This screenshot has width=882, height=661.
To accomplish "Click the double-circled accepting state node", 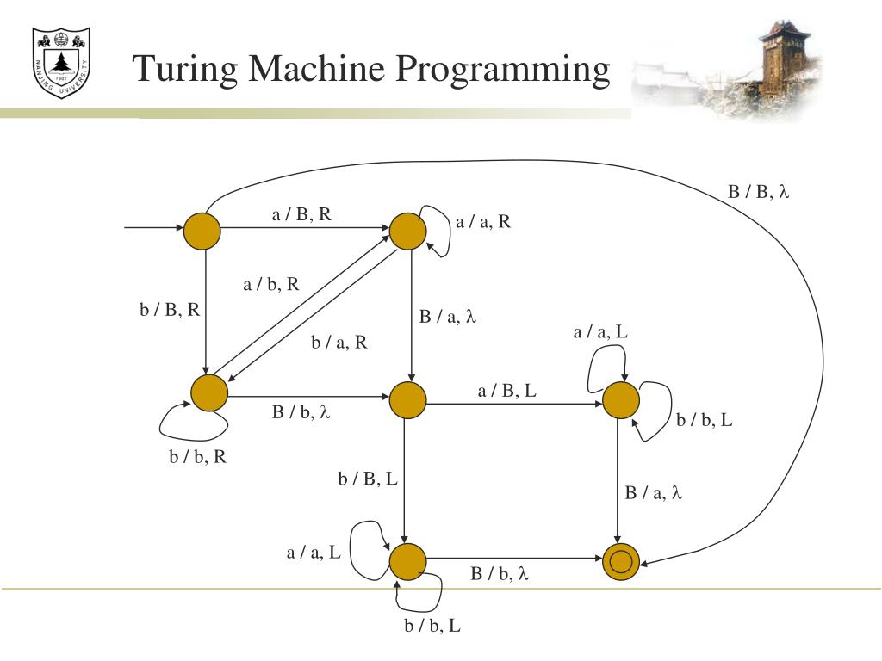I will pyautogui.click(x=620, y=563).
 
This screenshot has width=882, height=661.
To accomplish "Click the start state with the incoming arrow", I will pyautogui.click(x=202, y=229).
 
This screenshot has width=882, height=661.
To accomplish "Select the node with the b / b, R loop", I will pyautogui.click(x=209, y=393).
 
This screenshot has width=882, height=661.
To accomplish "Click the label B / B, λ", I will pyautogui.click(x=758, y=192).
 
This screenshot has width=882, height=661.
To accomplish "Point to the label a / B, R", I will pyautogui.click(x=301, y=215).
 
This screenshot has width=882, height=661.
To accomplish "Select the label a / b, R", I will pyautogui.click(x=271, y=284).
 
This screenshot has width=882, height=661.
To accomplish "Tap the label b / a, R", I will pyautogui.click(x=339, y=343).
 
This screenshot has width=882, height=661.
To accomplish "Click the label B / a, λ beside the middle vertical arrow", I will pyautogui.click(x=448, y=318).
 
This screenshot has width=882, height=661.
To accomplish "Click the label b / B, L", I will pyautogui.click(x=368, y=479).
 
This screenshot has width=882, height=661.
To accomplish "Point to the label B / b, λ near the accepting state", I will pyautogui.click(x=499, y=574).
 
